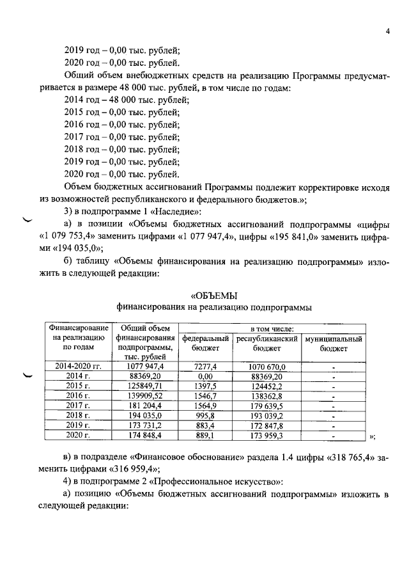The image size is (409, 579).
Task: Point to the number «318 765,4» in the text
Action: [348, 459]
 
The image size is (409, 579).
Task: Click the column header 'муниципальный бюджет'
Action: [334, 344]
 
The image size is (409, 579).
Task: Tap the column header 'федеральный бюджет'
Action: [206, 344]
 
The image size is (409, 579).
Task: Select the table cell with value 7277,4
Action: [206, 366]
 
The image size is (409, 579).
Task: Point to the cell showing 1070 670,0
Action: [267, 366]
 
